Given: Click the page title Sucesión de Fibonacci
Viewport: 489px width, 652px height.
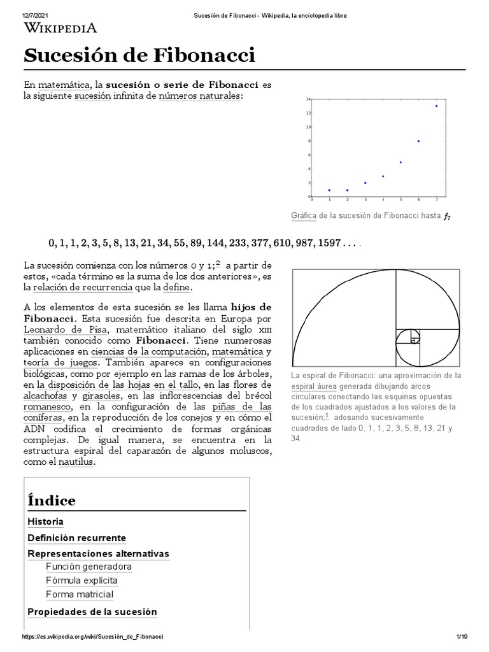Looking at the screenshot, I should [x=139, y=55].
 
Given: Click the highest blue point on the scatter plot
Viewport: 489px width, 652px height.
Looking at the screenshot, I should [x=436, y=106].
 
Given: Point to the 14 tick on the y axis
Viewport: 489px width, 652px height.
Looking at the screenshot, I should [x=308, y=99].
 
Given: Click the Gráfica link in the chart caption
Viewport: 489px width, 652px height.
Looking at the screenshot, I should [x=304, y=216].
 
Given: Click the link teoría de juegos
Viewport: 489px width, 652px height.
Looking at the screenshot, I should [x=58, y=364].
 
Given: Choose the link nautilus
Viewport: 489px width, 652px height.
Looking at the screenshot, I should [x=77, y=463].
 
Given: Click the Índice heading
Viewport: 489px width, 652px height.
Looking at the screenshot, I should [x=52, y=500].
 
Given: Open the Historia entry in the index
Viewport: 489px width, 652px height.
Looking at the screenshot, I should [x=45, y=521].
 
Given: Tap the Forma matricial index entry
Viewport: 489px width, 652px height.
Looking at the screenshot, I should [x=79, y=594].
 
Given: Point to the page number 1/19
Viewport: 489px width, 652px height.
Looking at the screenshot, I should [x=462, y=637].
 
